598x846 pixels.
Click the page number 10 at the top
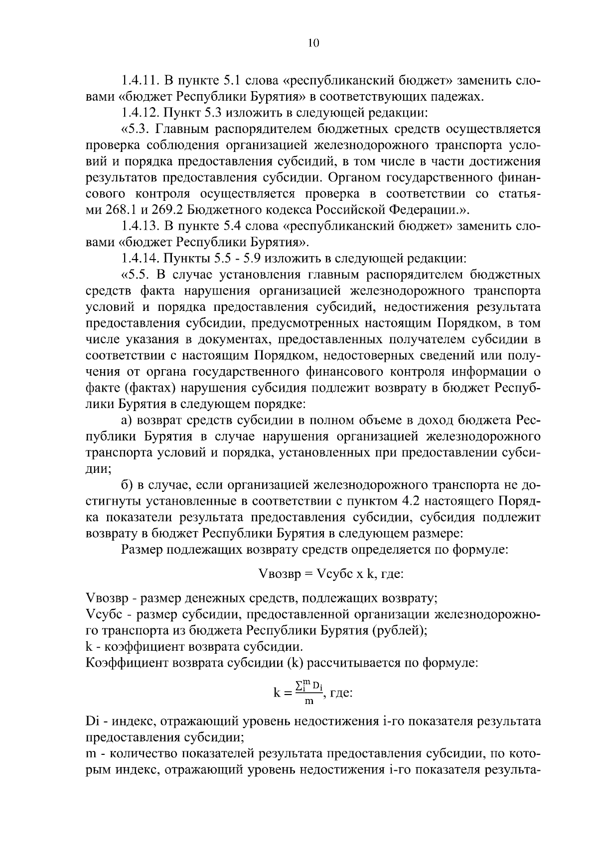pos(313,43)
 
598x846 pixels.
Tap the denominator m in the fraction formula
pos(309,702)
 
